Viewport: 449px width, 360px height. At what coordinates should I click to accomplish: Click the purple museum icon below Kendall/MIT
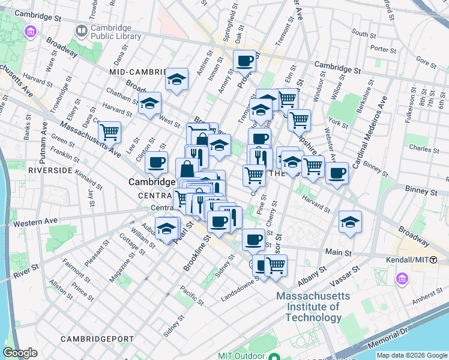402,279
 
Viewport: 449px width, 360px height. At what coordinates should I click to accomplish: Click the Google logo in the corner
20,353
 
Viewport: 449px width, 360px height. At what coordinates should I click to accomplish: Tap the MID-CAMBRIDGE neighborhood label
137,72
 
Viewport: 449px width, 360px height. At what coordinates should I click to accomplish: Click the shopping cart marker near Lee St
109,131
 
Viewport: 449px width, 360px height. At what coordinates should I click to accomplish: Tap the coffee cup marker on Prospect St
245,61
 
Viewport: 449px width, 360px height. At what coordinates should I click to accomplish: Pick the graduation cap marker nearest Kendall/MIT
350,221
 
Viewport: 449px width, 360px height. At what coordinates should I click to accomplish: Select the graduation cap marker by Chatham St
150,103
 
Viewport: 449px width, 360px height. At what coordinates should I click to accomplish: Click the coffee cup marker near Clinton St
156,161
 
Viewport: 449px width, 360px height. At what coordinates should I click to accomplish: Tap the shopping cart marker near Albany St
276,265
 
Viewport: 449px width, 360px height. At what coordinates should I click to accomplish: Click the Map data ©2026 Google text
411,355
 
